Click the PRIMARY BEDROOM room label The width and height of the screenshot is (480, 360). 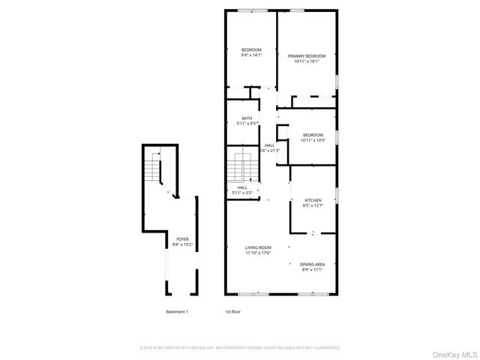point(307,56)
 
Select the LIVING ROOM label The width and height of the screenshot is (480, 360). point(258,247)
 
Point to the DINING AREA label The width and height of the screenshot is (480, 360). point(312,264)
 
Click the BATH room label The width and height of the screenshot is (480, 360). point(247,118)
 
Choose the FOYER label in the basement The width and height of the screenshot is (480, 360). point(178,239)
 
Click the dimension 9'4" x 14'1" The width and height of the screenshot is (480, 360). point(251,55)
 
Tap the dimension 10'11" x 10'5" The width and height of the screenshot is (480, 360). point(313,140)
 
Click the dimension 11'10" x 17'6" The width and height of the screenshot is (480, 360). point(258,253)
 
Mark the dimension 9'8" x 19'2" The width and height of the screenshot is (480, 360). point(178,244)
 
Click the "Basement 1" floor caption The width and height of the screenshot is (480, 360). point(177,311)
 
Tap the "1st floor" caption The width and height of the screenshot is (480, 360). point(232,311)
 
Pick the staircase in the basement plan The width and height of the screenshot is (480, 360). point(156,169)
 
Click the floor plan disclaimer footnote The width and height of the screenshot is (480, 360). point(240,348)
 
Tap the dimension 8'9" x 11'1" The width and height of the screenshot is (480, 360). point(312,269)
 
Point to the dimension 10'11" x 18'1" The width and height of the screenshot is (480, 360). point(307,61)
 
